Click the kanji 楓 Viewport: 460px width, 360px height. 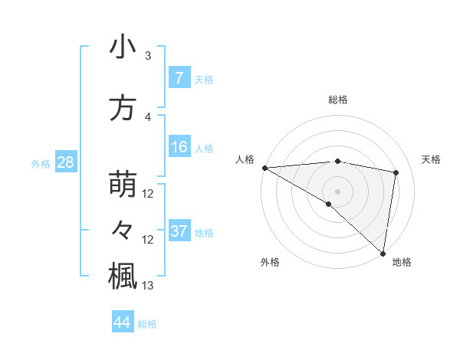123,277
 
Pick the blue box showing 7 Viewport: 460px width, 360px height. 179,78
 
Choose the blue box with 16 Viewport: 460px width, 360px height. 179,147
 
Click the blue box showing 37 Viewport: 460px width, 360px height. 179,231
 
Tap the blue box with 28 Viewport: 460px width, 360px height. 65,162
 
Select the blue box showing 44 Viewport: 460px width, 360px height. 122,322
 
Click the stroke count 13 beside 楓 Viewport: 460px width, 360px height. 148,286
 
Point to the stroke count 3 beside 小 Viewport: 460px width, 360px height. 148,56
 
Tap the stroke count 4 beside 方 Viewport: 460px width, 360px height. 148,117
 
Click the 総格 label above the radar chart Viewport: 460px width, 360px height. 338,100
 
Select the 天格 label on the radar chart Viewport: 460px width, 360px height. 432,159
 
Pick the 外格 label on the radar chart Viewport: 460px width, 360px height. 270,262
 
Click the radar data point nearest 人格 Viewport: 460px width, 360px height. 264,168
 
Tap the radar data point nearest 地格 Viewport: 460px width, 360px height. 383,254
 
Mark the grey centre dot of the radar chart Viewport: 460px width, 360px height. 337,190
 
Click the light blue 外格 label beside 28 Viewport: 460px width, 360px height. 41,163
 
